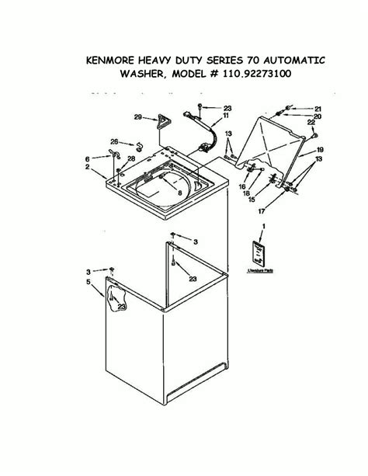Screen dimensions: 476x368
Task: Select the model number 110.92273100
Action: (259, 76)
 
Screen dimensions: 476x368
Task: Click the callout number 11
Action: (226, 116)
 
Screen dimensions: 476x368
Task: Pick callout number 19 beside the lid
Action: (319, 148)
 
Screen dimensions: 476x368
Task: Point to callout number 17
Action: (283, 209)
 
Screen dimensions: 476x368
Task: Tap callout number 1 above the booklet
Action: (262, 225)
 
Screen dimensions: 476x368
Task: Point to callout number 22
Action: (311, 123)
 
